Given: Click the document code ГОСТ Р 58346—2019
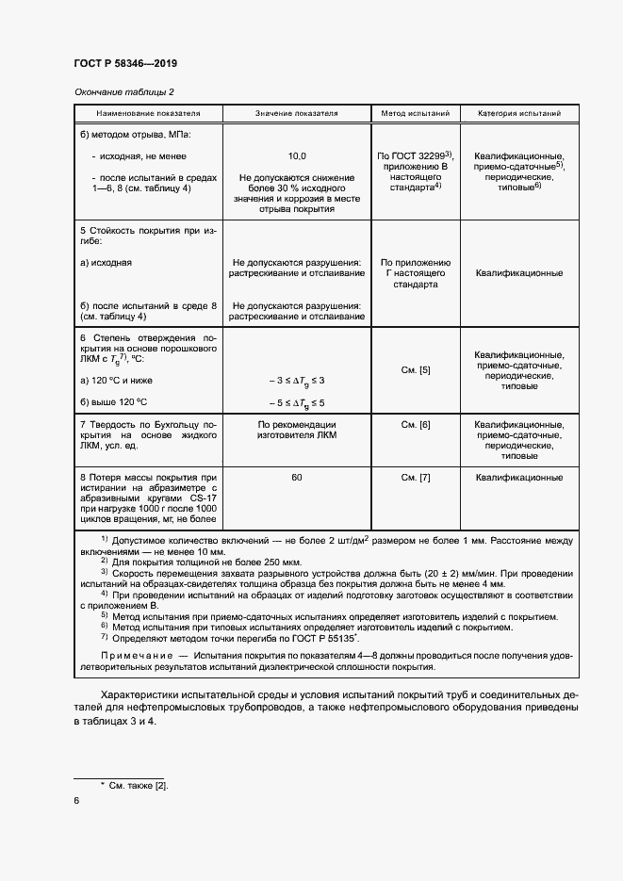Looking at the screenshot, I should [125, 64].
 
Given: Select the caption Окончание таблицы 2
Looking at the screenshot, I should [123, 91].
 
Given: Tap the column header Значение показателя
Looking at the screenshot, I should [296, 114].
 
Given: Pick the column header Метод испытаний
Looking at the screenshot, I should [415, 114].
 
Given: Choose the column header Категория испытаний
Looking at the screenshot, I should [519, 114].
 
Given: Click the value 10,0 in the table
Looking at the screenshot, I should [296, 155].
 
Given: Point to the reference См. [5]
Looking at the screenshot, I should [415, 369].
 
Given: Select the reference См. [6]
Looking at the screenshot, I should [415, 425].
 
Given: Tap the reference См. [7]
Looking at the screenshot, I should [415, 479].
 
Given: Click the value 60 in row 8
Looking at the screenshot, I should [296, 479].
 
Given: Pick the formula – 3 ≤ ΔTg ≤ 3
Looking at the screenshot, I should [296, 380].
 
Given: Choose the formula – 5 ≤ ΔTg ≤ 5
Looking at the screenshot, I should [296, 403].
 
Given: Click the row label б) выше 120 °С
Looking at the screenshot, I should [116, 402].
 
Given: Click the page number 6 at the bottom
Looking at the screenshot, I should [76, 800].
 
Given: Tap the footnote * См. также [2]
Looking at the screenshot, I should [134, 784].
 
